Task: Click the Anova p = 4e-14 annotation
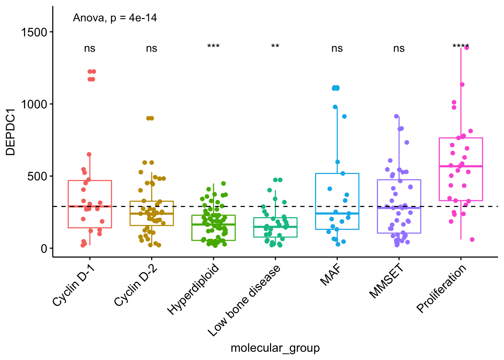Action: click(x=115, y=18)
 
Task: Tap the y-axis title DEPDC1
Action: click(x=10, y=132)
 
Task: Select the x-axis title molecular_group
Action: click(x=275, y=348)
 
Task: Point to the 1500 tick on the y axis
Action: click(x=34, y=32)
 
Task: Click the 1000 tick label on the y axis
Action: click(x=34, y=104)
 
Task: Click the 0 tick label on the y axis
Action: click(x=44, y=248)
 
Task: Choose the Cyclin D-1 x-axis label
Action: click(x=73, y=285)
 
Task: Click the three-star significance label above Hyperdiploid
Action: click(x=213, y=47)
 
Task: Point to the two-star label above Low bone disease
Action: click(x=275, y=47)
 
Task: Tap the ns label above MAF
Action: click(x=337, y=48)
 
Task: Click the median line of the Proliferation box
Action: click(x=460, y=166)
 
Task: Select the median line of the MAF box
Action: click(x=337, y=213)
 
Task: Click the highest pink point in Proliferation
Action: click(x=466, y=48)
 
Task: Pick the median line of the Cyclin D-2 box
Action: click(x=151, y=213)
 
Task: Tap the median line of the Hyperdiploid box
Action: click(x=213, y=224)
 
